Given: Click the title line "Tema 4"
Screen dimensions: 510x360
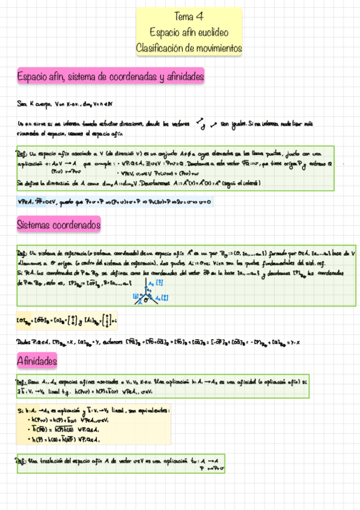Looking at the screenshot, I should [x=189, y=16].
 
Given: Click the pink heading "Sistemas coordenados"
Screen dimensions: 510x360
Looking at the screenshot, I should [x=58, y=226].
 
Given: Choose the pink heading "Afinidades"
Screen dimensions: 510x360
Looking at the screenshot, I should [x=37, y=361].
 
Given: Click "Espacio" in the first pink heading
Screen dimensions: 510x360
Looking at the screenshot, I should [x=32, y=76].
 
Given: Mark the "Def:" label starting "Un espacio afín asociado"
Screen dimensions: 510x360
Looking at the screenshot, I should [x=21, y=154].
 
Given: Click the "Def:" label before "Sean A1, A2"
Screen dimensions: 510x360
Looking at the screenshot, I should [x=21, y=382].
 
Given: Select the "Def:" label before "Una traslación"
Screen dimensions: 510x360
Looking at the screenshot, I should [x=21, y=460].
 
